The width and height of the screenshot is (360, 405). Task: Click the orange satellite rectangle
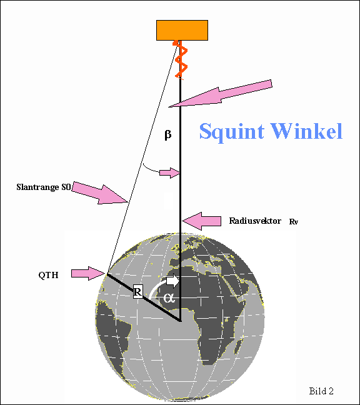point(182,30)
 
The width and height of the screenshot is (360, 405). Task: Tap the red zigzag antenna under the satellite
point(181,59)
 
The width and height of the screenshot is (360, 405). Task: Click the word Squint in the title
point(232,132)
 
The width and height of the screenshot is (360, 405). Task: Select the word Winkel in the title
point(306,131)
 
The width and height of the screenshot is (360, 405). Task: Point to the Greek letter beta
point(168,134)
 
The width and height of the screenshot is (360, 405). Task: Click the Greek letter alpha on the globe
point(169,298)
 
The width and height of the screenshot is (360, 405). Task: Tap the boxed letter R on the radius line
point(138,292)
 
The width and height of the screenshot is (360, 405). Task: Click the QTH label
point(48,275)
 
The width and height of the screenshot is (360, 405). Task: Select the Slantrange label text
point(43,187)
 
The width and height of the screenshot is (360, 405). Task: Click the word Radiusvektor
point(255,221)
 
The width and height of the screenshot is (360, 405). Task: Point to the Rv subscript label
point(293,222)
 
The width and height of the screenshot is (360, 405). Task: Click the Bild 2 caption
point(321,391)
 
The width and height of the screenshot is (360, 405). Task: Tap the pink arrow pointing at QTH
point(88,273)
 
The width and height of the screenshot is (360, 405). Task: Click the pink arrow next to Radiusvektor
point(201,221)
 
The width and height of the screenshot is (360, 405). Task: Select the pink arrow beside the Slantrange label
point(99,193)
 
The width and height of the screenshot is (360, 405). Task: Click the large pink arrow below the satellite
point(220,94)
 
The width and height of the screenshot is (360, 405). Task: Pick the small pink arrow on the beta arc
point(169,172)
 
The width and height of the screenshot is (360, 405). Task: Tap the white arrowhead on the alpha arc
point(172,281)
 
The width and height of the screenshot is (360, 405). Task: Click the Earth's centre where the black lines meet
point(180,321)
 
